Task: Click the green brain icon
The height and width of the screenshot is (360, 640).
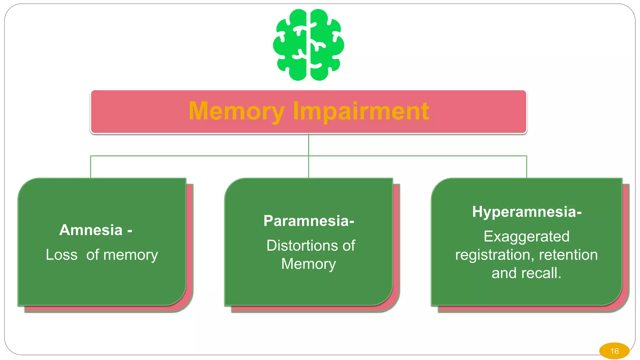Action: coord(308,45)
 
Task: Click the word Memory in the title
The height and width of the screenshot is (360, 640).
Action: coord(237,111)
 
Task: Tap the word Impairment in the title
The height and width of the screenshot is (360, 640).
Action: coord(361,111)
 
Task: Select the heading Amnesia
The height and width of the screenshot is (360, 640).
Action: coord(91,230)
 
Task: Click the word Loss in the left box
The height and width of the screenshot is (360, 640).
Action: coord(62,255)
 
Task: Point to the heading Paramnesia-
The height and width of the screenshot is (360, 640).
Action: coord(309,221)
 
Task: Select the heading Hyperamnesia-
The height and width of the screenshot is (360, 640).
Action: coord(527,212)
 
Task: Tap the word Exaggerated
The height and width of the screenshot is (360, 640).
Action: coord(527,237)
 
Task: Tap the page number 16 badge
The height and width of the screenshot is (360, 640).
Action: coord(614,351)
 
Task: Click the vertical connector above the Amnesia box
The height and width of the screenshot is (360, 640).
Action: coord(91,167)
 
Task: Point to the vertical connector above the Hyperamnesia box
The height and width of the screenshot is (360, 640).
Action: coord(527,167)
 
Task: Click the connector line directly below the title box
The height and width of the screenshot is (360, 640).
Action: coord(308,145)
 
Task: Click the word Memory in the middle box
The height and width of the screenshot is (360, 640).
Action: coord(308,264)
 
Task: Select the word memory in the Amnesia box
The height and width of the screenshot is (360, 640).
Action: coord(131,255)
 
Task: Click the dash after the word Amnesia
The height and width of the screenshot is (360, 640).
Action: coord(130,231)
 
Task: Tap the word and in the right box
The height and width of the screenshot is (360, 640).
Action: coord(504,273)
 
